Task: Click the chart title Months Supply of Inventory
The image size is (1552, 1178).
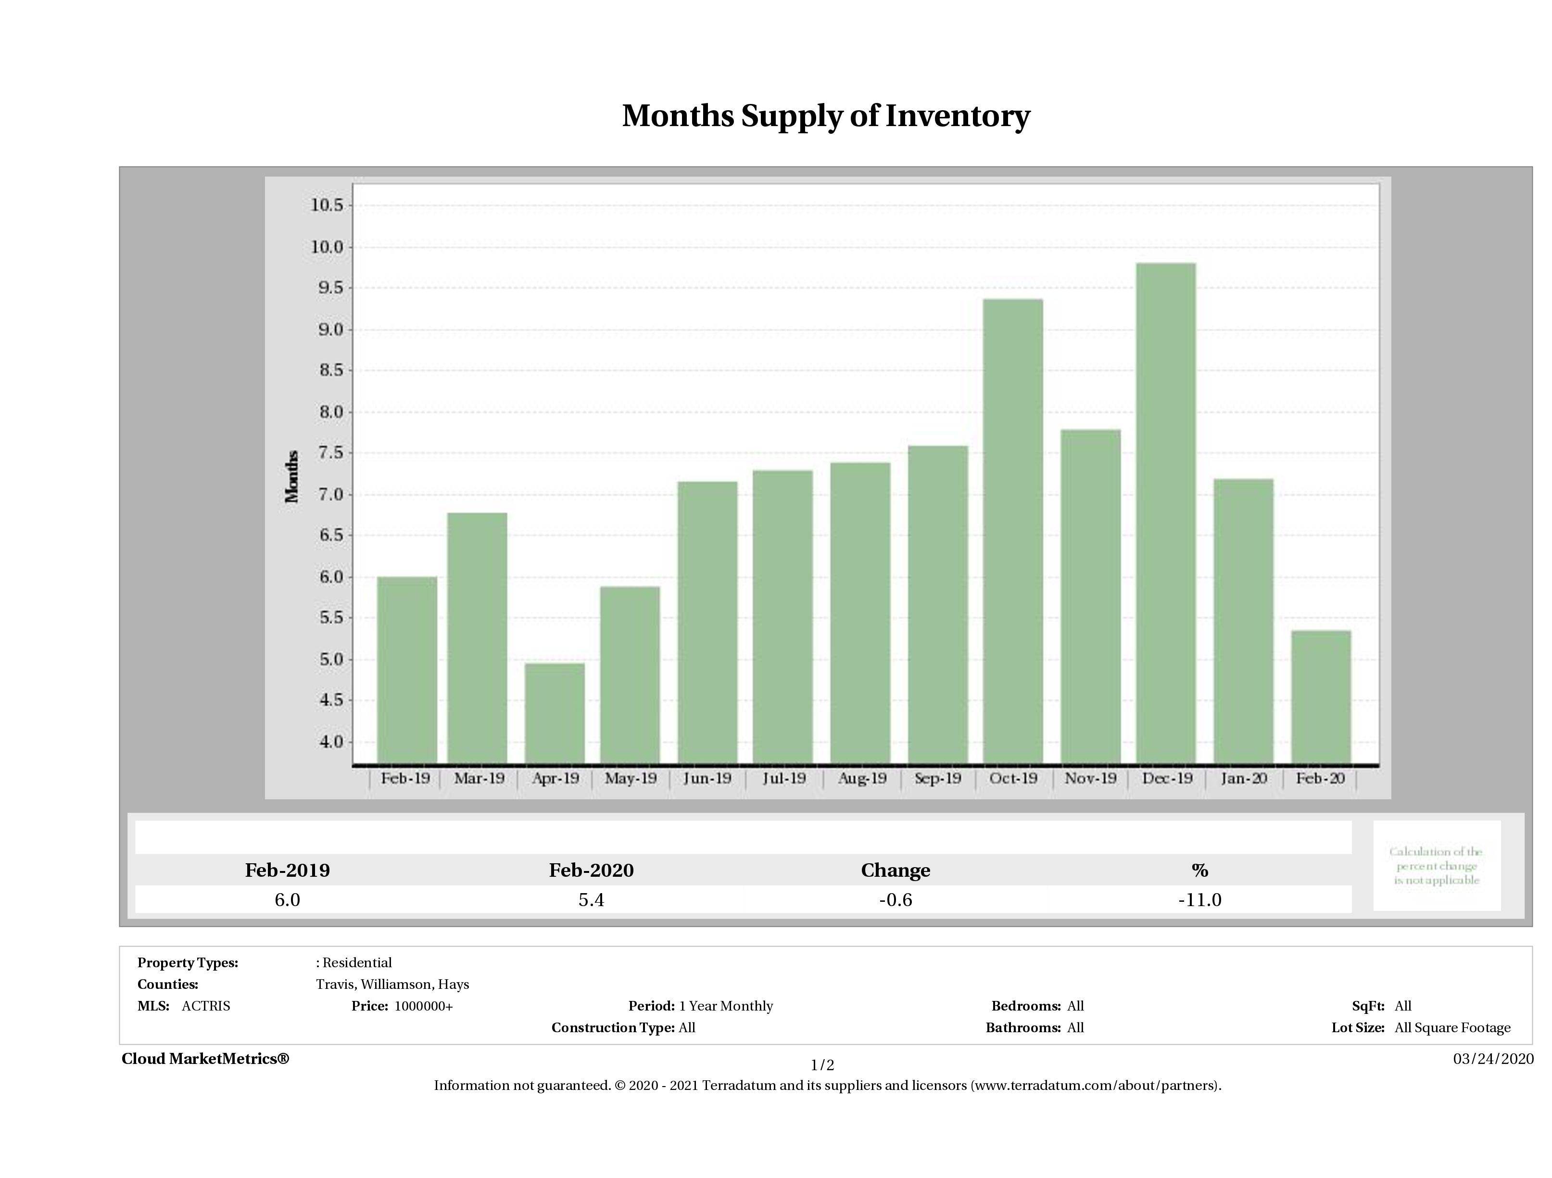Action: pyautogui.click(x=826, y=116)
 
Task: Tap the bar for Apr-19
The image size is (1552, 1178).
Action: pyautogui.click(x=554, y=713)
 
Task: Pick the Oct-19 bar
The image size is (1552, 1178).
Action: pyautogui.click(x=1013, y=531)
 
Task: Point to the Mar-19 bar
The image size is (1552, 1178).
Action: pyautogui.click(x=478, y=638)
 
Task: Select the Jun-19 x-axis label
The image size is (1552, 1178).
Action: pyautogui.click(x=707, y=779)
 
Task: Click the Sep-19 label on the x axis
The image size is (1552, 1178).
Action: pyautogui.click(x=937, y=779)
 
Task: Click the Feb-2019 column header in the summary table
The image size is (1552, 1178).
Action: pyautogui.click(x=287, y=871)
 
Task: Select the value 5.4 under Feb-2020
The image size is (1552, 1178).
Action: pyautogui.click(x=591, y=900)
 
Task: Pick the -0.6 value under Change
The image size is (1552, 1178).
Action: pyautogui.click(x=896, y=900)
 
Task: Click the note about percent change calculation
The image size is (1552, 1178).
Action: pyautogui.click(x=1436, y=866)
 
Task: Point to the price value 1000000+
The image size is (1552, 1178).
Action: pyautogui.click(x=424, y=1006)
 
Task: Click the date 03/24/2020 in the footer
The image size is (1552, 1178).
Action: pyautogui.click(x=1493, y=1059)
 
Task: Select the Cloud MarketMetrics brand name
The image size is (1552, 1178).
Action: pyautogui.click(x=205, y=1059)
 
